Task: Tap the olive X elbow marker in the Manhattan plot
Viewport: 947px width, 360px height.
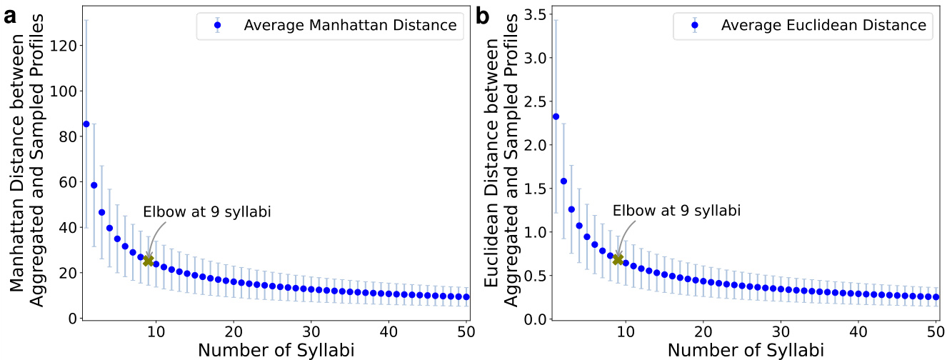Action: [x=149, y=260]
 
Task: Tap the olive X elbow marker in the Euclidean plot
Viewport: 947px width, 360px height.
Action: [x=618, y=259]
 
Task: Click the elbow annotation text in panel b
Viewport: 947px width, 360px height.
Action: [x=676, y=211]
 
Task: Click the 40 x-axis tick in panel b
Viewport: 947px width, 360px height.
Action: [x=858, y=331]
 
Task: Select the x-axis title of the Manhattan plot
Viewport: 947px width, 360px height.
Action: [x=275, y=350]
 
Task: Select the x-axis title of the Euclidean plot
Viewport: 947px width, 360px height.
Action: [x=746, y=350]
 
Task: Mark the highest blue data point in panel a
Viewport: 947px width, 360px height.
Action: [x=86, y=124]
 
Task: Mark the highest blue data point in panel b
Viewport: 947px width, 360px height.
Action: [x=556, y=116]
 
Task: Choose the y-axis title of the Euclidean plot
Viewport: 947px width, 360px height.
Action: [x=502, y=164]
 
